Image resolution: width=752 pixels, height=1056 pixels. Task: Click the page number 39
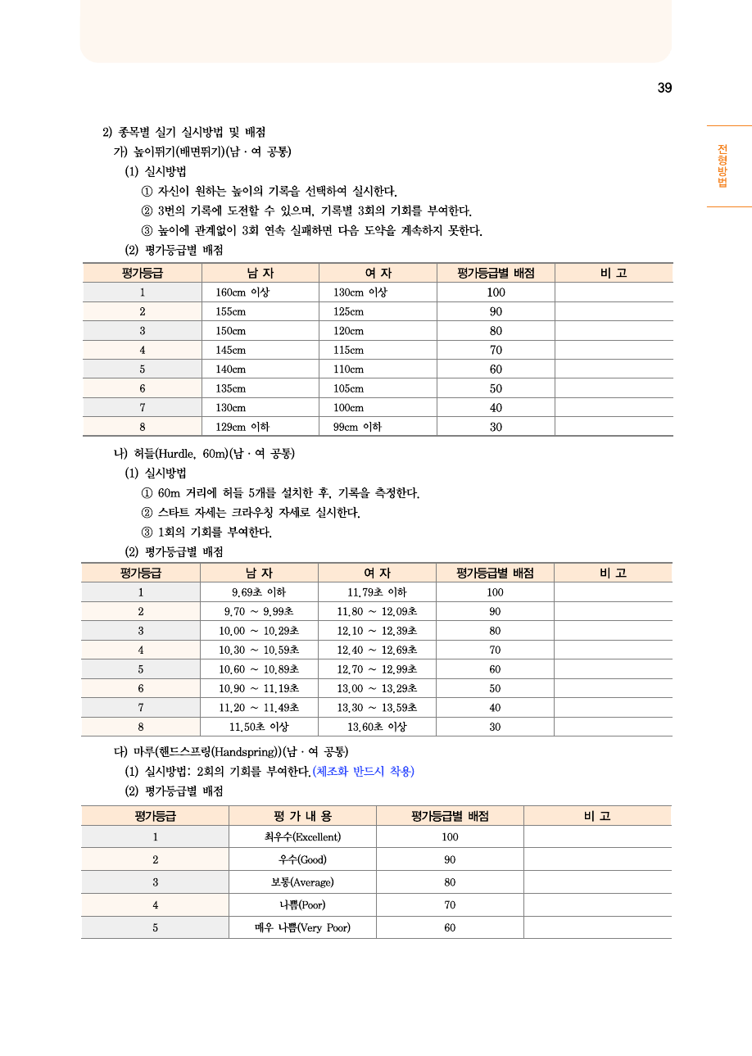(x=664, y=88)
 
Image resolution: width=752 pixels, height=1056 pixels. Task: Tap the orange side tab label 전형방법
(x=723, y=165)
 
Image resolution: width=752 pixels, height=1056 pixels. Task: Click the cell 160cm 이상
(x=242, y=292)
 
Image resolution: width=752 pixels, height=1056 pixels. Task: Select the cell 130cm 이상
(x=360, y=292)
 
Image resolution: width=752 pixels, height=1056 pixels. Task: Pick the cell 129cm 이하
(x=242, y=427)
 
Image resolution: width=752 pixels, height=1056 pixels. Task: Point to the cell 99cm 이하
(x=357, y=427)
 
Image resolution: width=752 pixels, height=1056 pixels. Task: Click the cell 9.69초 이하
(x=259, y=592)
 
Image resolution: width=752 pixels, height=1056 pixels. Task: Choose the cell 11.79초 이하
(x=377, y=592)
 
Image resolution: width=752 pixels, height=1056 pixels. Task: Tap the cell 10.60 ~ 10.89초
(x=259, y=669)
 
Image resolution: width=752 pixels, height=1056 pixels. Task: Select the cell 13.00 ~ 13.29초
(x=377, y=689)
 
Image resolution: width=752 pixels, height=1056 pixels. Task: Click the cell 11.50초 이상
(x=259, y=727)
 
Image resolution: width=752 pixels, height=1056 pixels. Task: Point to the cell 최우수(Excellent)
(x=302, y=836)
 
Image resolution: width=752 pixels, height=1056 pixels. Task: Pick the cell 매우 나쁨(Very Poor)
(x=302, y=927)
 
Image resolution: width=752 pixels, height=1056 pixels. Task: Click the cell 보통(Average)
(x=302, y=882)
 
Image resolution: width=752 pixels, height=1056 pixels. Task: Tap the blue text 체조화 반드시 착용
(x=363, y=772)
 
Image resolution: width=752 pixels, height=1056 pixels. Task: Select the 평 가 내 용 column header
(x=302, y=816)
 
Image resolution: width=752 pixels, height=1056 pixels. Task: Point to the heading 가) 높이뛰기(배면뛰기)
(x=202, y=152)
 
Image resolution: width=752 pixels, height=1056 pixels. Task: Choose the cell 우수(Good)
(x=302, y=859)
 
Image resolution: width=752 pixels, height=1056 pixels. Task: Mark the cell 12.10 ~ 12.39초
(x=377, y=631)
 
